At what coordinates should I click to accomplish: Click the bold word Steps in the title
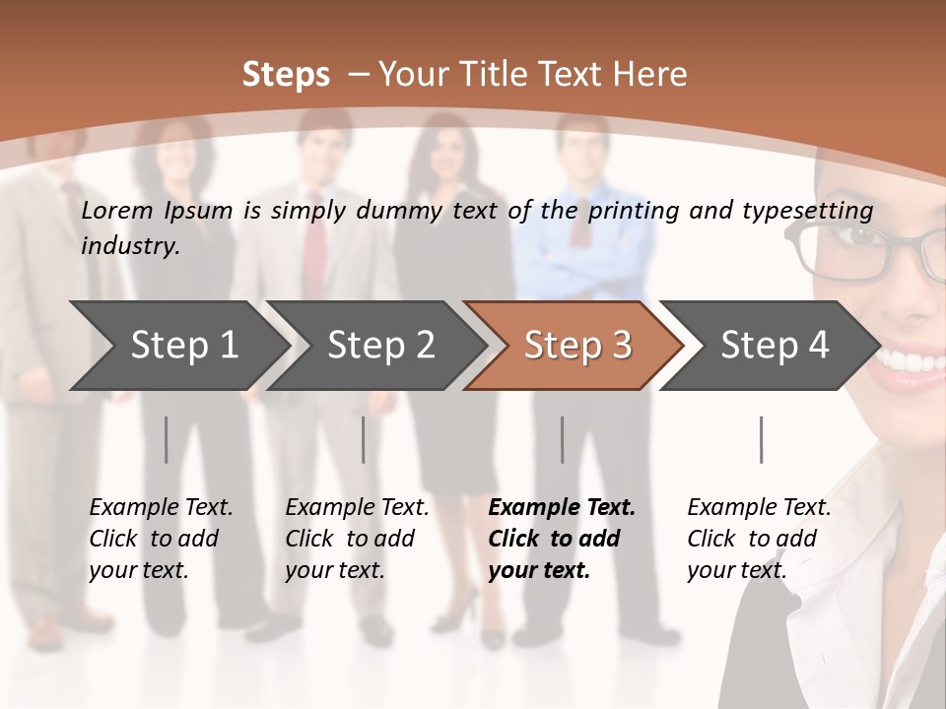pos(286,75)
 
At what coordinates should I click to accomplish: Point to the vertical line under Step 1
pos(166,439)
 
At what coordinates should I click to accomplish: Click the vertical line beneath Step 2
pos(364,439)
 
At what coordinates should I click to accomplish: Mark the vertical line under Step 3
pos(562,439)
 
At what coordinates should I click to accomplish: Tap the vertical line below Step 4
pos(761,439)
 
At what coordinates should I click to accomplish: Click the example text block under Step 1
pos(161,539)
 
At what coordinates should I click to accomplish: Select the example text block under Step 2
pos(357,539)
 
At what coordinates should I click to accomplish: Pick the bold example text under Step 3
pos(562,539)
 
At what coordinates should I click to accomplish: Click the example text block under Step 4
pos(759,539)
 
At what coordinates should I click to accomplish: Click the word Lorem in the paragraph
pos(117,210)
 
